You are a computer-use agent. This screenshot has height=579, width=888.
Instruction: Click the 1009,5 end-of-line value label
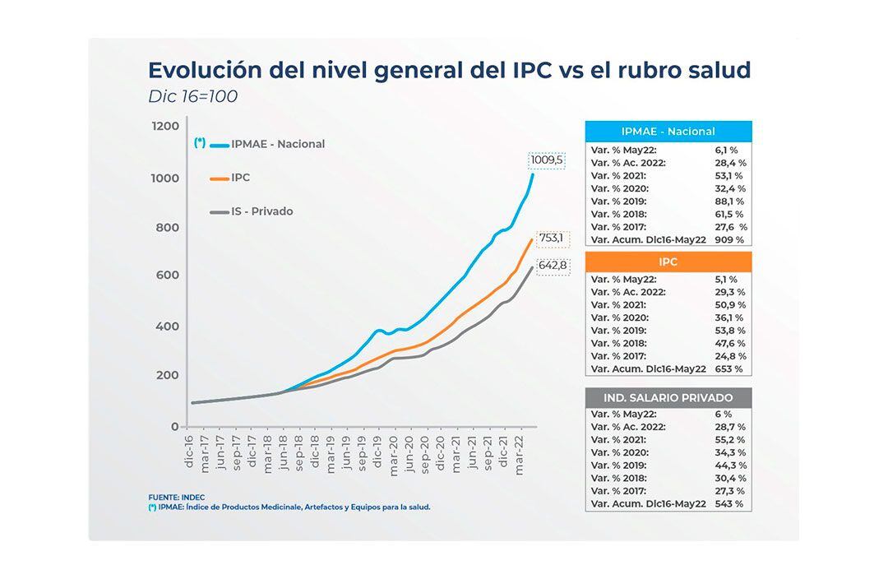(x=547, y=160)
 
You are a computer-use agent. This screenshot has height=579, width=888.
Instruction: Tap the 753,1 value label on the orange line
(x=551, y=239)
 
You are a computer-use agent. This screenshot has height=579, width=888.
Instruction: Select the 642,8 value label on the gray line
(x=553, y=266)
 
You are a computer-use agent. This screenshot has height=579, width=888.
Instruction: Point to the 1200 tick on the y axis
(x=164, y=126)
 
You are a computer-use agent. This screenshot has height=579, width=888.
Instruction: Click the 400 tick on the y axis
(x=168, y=327)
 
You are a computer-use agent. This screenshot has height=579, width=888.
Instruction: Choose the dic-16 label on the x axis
(x=189, y=452)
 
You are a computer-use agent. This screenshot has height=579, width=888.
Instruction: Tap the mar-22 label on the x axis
(x=520, y=452)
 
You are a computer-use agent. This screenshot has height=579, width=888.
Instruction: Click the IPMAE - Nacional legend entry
(x=278, y=144)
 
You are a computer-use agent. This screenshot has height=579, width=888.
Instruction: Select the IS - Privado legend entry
(x=262, y=211)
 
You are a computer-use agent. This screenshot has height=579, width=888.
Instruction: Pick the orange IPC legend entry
(x=240, y=178)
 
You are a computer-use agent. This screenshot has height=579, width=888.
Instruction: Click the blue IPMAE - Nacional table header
(x=668, y=132)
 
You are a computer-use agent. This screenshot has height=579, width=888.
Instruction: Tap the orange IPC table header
(x=668, y=262)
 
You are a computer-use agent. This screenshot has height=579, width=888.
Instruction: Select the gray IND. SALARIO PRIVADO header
(x=668, y=398)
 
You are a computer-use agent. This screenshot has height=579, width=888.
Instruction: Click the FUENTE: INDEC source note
(x=177, y=498)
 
